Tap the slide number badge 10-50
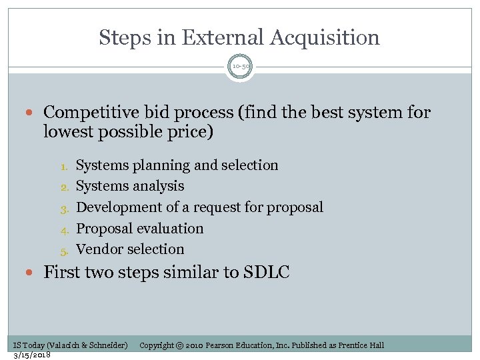point(240,67)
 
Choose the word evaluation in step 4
point(170,228)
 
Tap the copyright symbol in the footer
point(179,345)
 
